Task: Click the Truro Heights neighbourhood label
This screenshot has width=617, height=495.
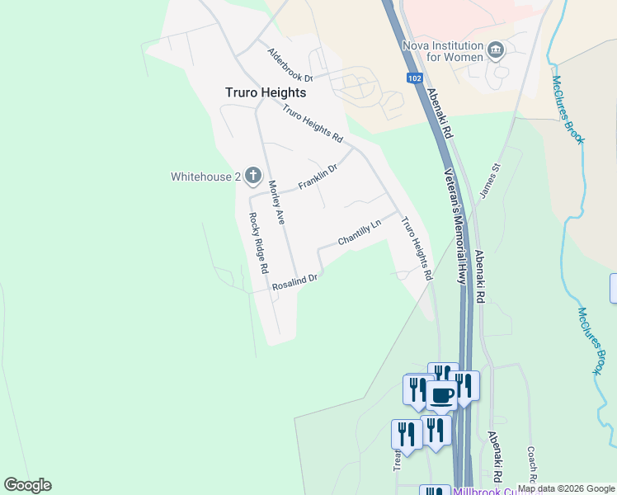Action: (x=266, y=93)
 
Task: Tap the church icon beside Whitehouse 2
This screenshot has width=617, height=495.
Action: (x=252, y=176)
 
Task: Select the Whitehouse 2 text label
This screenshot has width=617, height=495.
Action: (x=205, y=177)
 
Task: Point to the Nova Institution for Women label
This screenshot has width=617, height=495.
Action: (x=442, y=51)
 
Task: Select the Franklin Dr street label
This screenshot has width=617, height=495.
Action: (x=318, y=177)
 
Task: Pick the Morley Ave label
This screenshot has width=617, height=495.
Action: (x=276, y=202)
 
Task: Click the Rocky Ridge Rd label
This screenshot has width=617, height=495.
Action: (x=259, y=243)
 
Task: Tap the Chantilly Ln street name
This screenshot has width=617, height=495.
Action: (x=360, y=233)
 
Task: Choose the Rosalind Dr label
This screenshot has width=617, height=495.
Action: (x=295, y=281)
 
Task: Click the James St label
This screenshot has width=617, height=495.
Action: (x=490, y=180)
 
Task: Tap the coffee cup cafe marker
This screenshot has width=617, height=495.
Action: (x=441, y=394)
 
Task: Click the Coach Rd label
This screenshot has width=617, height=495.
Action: (x=532, y=466)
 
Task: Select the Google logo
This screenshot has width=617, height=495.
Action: (x=27, y=485)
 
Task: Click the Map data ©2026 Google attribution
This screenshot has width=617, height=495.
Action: (x=567, y=488)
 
